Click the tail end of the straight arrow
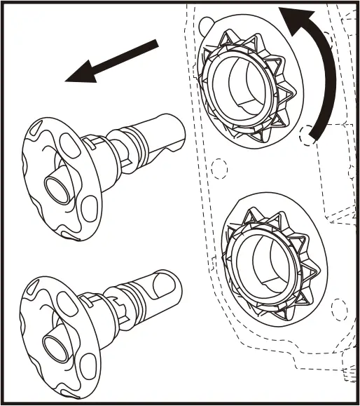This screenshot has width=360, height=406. (x=158, y=45)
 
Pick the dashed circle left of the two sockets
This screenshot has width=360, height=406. (x=219, y=169)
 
